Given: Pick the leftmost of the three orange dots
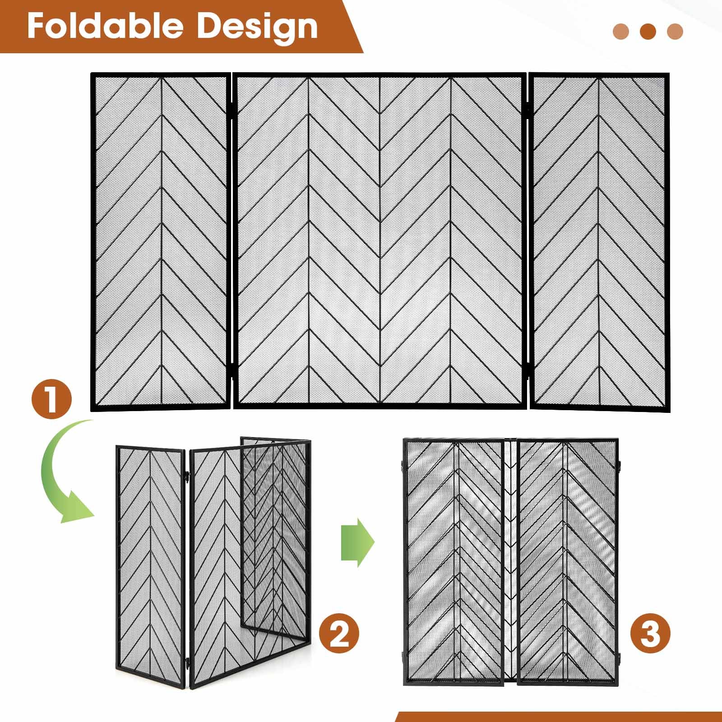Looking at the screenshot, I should click(621, 31).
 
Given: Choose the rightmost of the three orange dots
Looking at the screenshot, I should click(675, 31).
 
